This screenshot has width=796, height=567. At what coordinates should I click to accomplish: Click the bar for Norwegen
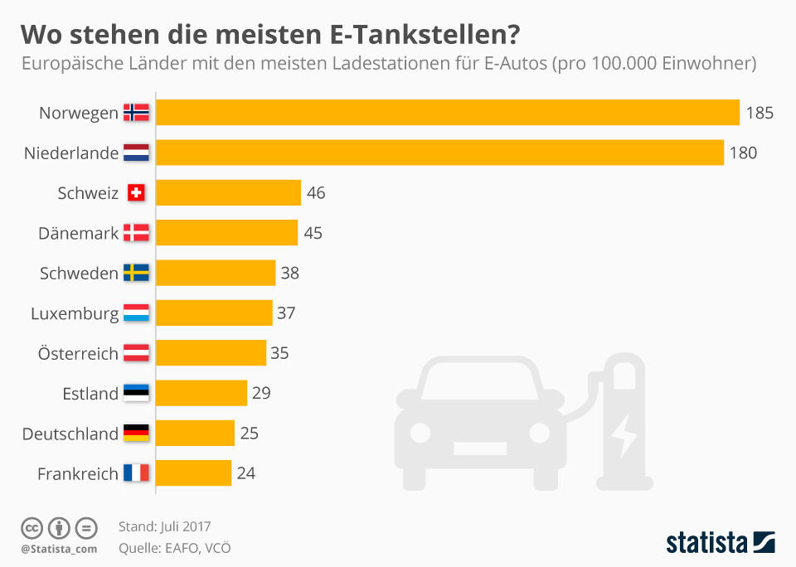(448, 113)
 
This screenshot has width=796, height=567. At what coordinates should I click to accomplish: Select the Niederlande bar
(439, 153)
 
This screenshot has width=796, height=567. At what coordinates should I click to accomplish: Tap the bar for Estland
(201, 393)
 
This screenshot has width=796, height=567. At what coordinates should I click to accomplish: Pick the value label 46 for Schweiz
(316, 193)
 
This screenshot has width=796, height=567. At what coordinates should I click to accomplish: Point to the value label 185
(760, 113)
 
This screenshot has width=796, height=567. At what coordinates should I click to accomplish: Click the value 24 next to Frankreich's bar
(245, 473)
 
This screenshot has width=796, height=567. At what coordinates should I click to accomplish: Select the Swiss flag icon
(137, 193)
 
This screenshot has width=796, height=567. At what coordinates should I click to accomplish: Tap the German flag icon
(137, 433)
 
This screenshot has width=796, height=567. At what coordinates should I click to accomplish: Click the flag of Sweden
(137, 273)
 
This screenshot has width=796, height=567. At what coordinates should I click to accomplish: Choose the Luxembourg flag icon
(137, 313)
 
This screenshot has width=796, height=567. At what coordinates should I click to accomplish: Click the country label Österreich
(78, 353)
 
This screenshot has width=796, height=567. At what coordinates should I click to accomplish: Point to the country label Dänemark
(79, 233)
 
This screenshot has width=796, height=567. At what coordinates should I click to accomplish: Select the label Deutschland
(70, 434)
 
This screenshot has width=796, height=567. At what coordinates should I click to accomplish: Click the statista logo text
(706, 543)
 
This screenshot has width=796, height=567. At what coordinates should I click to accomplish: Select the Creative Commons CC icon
(32, 527)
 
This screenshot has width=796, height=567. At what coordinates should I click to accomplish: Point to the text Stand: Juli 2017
(164, 526)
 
